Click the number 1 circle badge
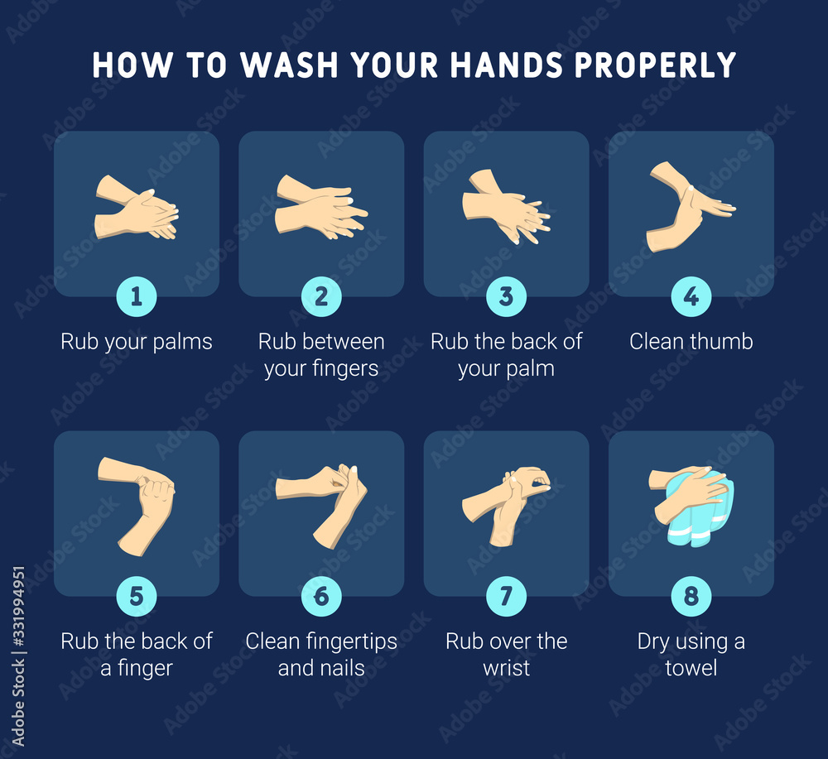137,297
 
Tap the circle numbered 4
691,297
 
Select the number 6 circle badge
321,597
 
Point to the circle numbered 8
691,597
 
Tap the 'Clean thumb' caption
691,341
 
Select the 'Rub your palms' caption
137,341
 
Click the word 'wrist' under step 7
506,667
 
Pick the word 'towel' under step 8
691,667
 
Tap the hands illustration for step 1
137,208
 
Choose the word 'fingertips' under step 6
348,641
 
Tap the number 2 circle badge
321,297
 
